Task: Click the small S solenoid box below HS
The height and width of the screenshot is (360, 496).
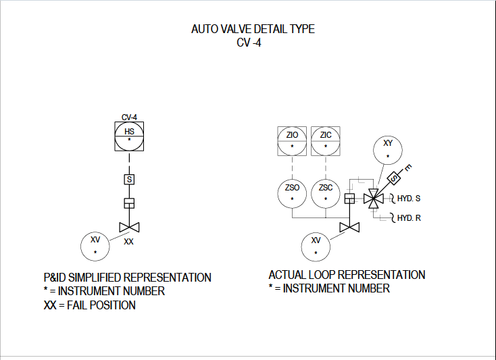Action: point(129,180)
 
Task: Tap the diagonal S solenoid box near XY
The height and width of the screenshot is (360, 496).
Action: point(394,178)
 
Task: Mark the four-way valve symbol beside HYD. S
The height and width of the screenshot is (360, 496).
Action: point(374,199)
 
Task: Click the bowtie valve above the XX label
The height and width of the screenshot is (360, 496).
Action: point(129,227)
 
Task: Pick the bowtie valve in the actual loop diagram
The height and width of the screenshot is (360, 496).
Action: point(349,227)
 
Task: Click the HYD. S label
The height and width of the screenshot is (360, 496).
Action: point(409,199)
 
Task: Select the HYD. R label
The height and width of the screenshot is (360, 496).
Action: point(409,218)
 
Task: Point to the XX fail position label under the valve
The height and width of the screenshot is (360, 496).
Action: point(128,242)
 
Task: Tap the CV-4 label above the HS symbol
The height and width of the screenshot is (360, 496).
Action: point(129,118)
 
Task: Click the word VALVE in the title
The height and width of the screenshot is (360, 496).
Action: point(236,29)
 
